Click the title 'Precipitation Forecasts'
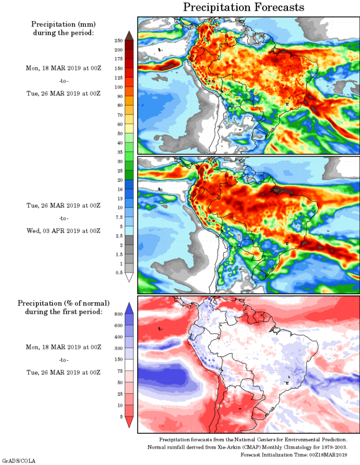coord(244,7)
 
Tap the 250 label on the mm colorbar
coord(118,41)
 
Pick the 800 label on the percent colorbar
coord(118,313)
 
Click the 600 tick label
coord(118,325)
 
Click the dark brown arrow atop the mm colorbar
coord(130,35)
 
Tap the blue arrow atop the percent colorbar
coord(130,308)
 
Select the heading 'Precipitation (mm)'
coord(63,24)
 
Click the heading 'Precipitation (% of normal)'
coord(64,303)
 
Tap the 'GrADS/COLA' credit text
coord(19,461)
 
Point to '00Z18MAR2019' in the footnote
coord(328,455)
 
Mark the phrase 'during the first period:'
coord(64,311)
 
